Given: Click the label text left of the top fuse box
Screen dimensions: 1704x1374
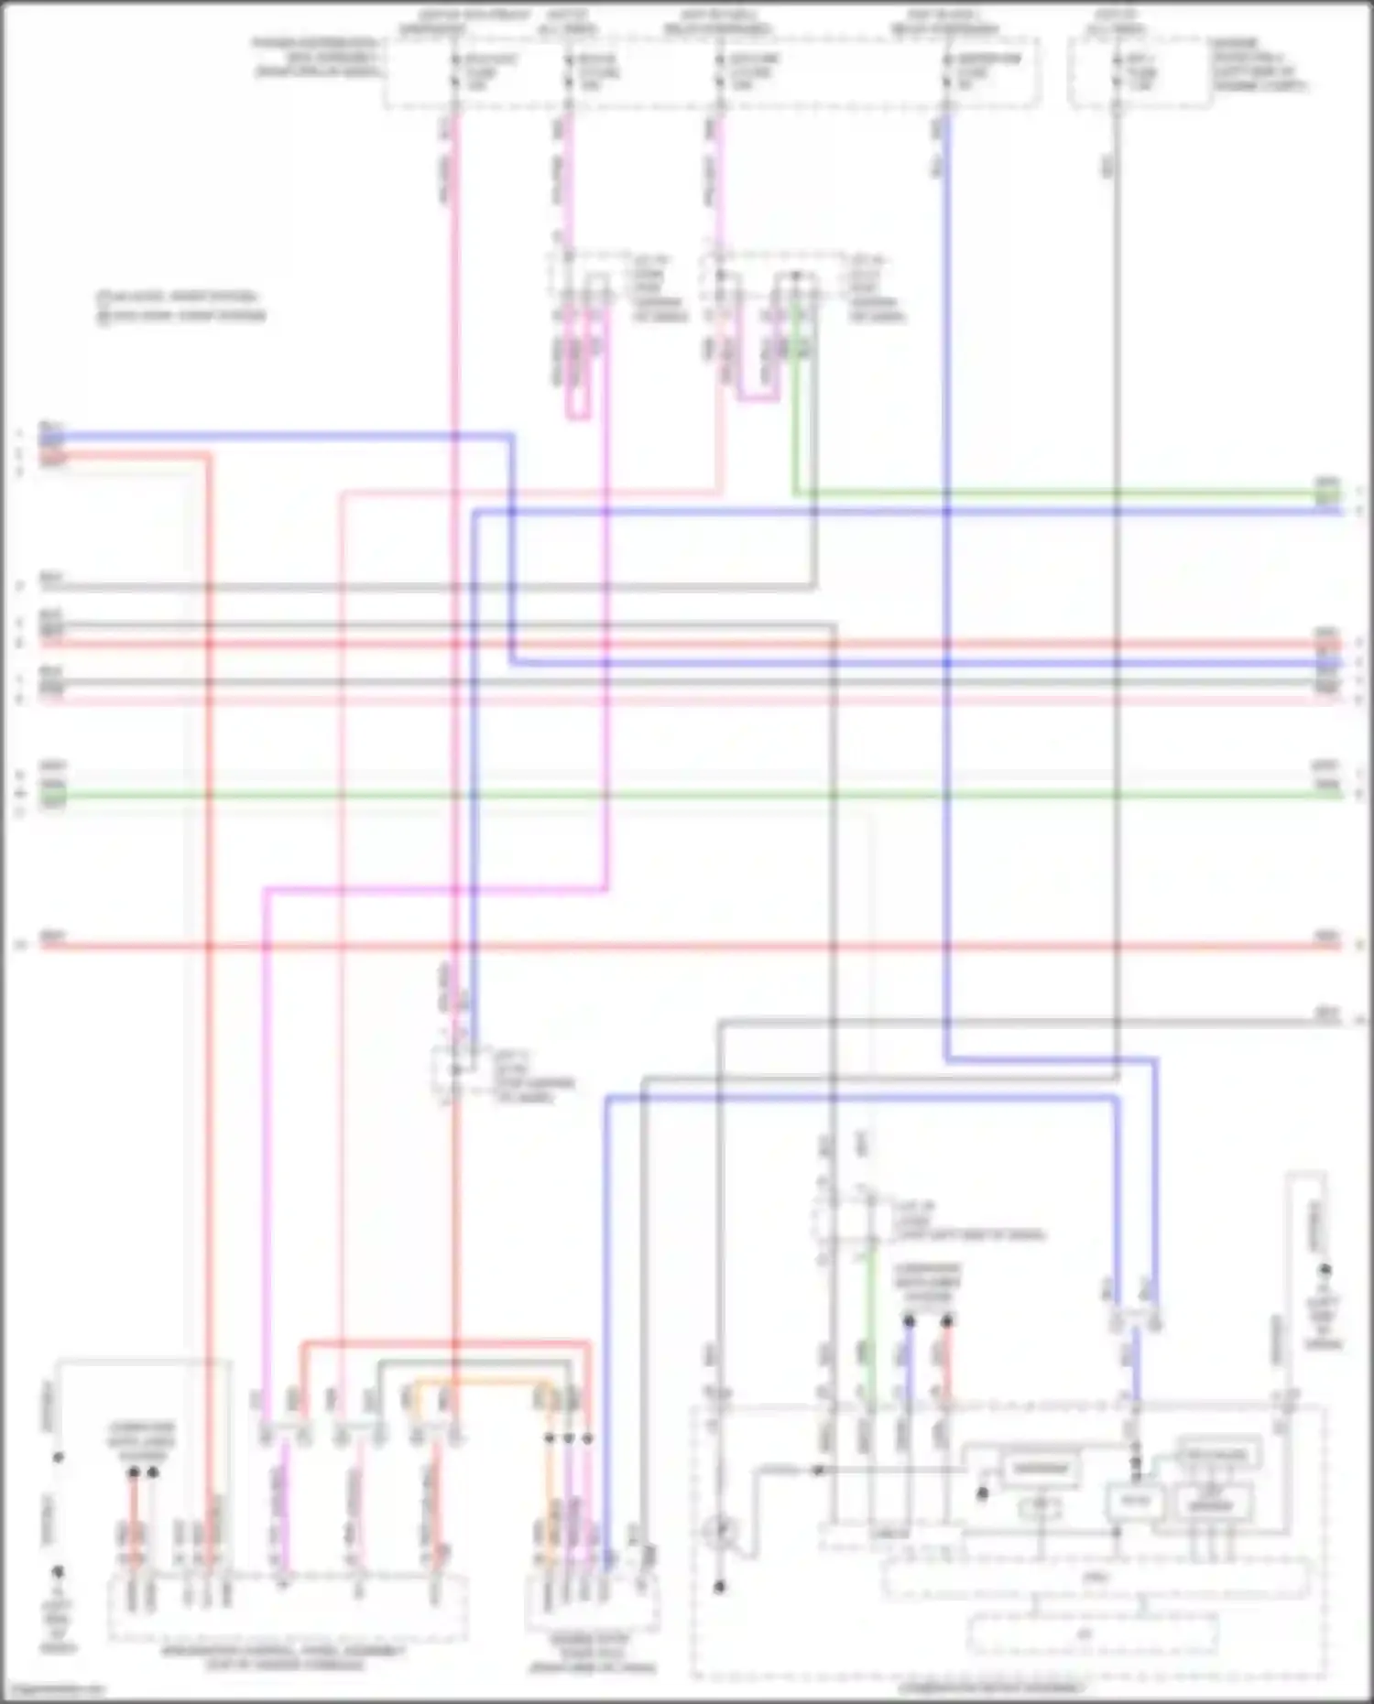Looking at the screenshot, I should [317, 57].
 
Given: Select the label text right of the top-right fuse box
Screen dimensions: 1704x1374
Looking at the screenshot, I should [1259, 64].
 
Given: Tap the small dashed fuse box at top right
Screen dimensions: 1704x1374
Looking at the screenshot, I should [1139, 73].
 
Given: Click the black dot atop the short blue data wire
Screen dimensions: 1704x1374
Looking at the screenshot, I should [909, 1321].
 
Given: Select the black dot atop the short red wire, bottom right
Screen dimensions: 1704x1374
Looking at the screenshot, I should [946, 1321].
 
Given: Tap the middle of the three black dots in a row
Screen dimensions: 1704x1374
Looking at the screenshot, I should [569, 1438].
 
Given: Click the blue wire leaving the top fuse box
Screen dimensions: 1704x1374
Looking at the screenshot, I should [946, 275].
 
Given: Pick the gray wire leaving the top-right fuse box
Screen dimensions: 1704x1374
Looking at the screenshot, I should [1117, 275].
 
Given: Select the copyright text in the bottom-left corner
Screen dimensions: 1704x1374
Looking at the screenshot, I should [55, 1690].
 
